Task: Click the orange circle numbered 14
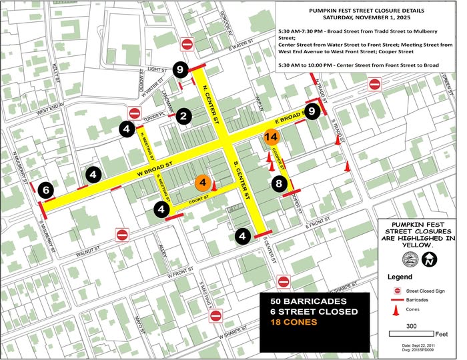click(x=271, y=137)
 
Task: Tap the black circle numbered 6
click(x=45, y=189)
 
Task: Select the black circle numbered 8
click(x=279, y=183)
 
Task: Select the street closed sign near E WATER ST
click(x=188, y=44)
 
